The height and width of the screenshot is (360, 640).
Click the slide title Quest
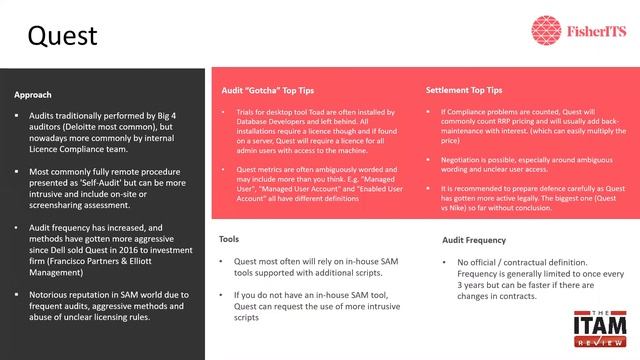click(x=62, y=36)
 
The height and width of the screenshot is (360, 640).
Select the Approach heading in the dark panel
click(x=34, y=95)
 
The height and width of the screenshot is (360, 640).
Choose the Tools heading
click(x=230, y=239)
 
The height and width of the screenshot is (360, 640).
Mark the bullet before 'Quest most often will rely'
click(x=222, y=262)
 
